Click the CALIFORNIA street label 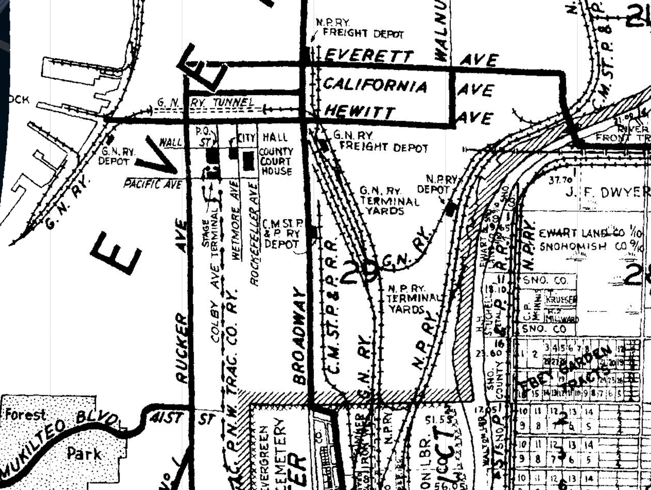375,85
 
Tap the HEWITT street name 360,111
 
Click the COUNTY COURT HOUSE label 276,161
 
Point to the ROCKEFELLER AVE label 254,234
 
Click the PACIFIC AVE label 152,184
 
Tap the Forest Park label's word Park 84,454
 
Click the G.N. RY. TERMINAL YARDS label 389,201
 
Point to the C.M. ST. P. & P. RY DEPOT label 283,234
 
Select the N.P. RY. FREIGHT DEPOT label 360,28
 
